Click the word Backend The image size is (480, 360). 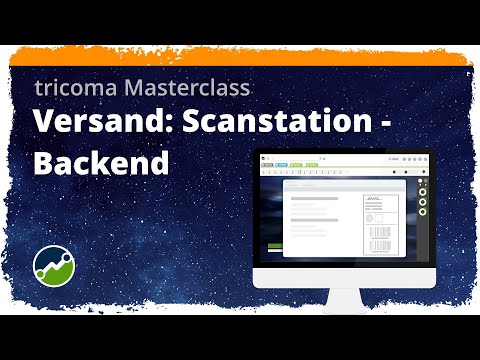pyautogui.click(x=100, y=164)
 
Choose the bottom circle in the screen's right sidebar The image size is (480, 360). pyautogui.click(x=422, y=210)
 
